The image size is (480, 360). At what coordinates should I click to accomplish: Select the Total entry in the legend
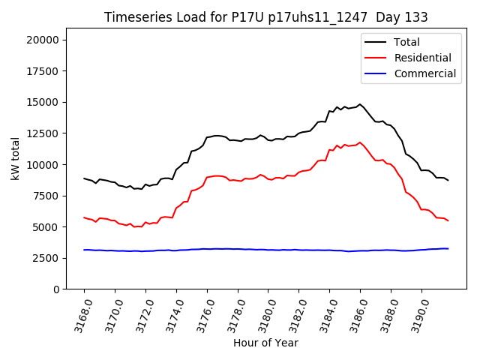pos(406,42)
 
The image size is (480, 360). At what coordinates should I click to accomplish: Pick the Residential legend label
pos(422,58)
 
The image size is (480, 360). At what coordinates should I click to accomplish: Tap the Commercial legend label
pos(424,73)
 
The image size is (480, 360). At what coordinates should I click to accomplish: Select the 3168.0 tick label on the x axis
pos(79,314)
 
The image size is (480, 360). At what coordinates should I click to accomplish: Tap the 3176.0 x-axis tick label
pos(202,314)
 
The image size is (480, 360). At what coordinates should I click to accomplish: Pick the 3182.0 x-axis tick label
pos(293,314)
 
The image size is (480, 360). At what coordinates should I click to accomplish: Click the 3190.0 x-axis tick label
pos(416,314)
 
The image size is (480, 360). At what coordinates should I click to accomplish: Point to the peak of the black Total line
pos(360,104)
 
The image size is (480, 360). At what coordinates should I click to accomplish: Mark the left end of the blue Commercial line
pos(84,250)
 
